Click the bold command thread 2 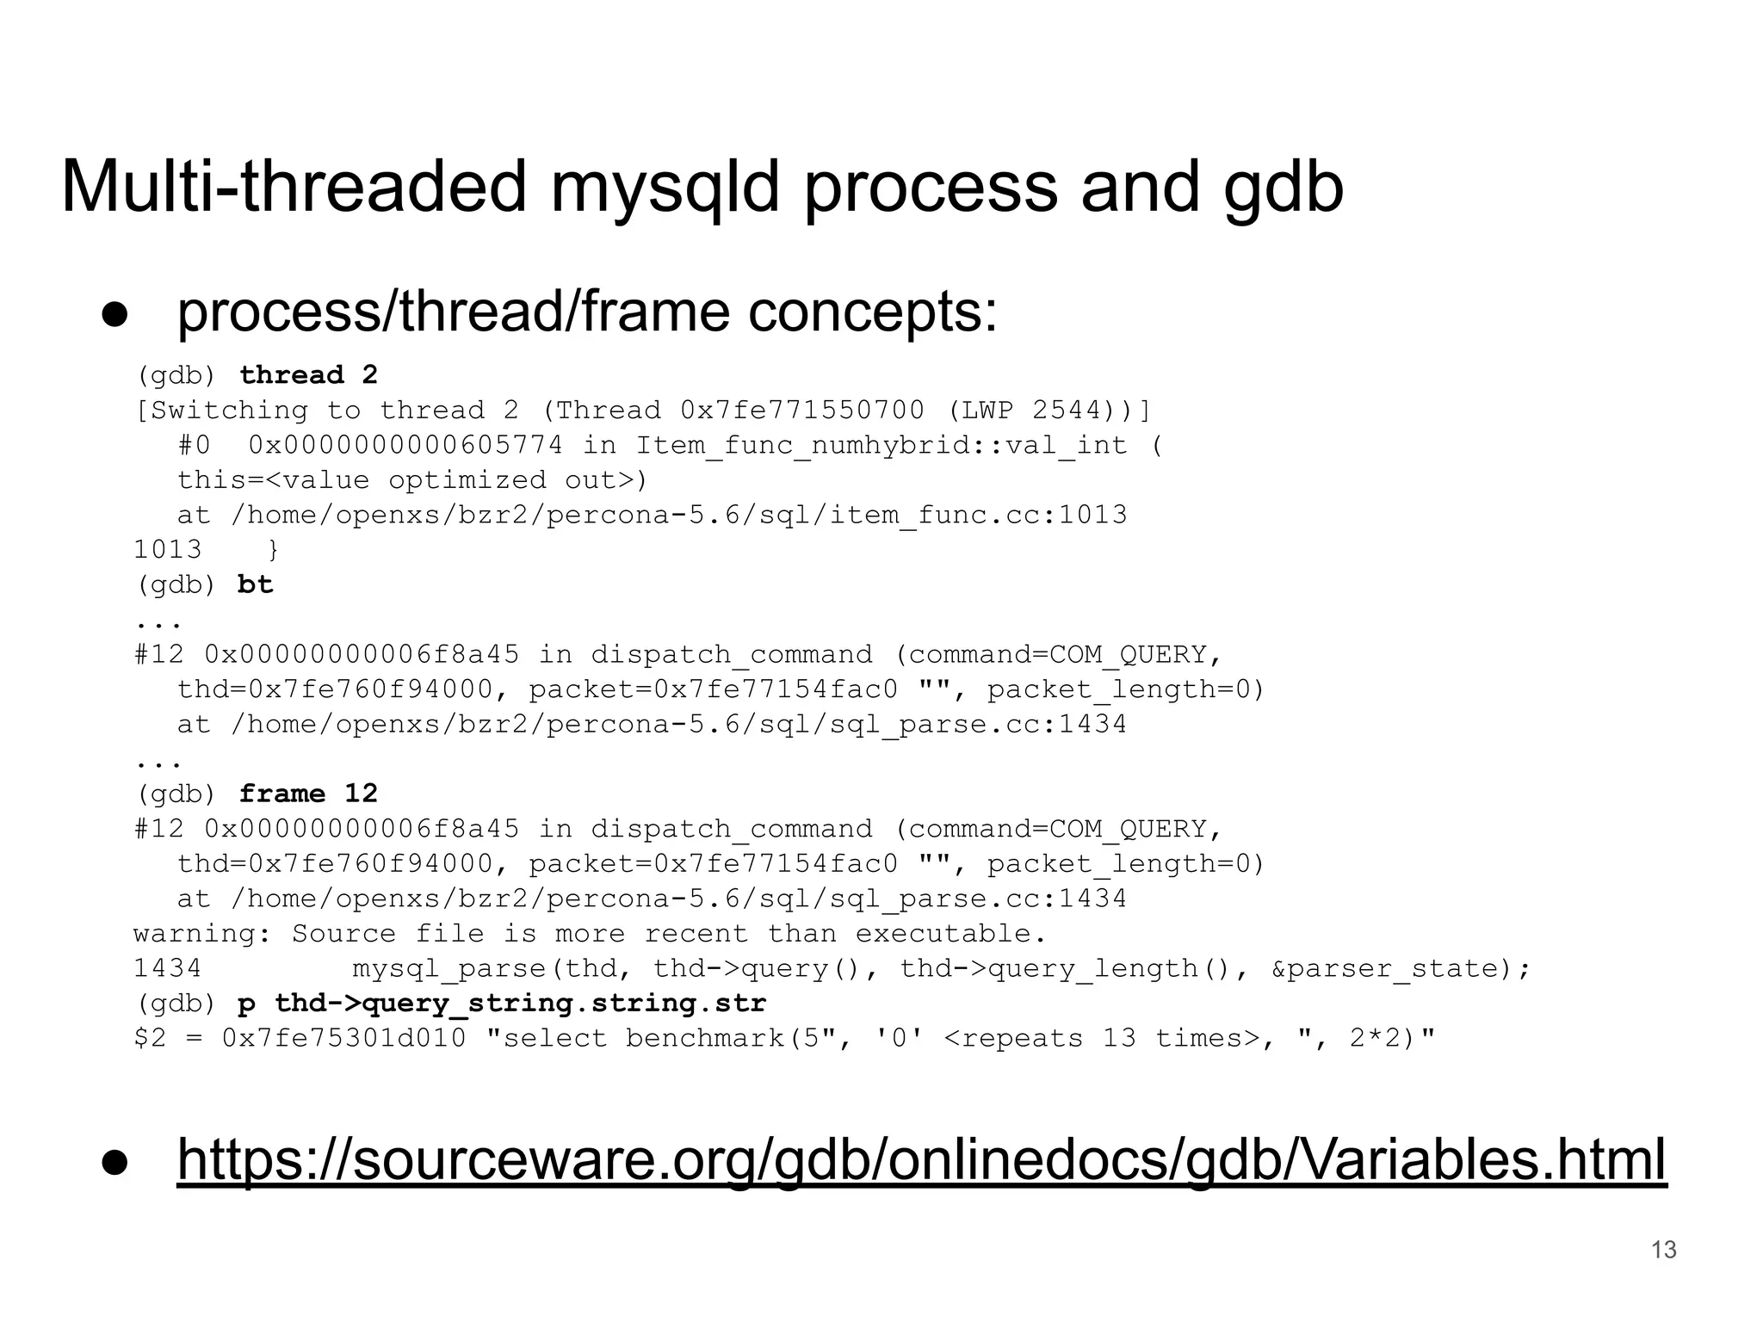tap(308, 375)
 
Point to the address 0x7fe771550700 tap(802, 411)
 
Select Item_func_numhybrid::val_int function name tap(881, 446)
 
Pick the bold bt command tap(255, 585)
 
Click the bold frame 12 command tap(308, 794)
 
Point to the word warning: tap(202, 934)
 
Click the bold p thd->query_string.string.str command tap(502, 1004)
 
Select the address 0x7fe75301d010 tap(343, 1039)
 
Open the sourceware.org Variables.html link tap(921, 1159)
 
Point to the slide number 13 tap(1663, 1250)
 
